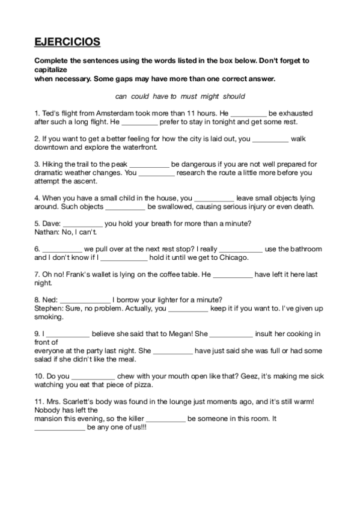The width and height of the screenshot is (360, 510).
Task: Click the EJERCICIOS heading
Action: click(67, 41)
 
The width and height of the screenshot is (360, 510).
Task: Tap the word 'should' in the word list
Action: click(234, 96)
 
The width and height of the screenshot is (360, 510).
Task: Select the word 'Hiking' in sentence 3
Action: click(50, 164)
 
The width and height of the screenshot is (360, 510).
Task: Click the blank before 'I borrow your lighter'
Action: click(86, 300)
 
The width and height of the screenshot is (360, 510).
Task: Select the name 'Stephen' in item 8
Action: click(47, 308)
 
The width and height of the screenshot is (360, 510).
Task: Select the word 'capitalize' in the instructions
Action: click(53, 69)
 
